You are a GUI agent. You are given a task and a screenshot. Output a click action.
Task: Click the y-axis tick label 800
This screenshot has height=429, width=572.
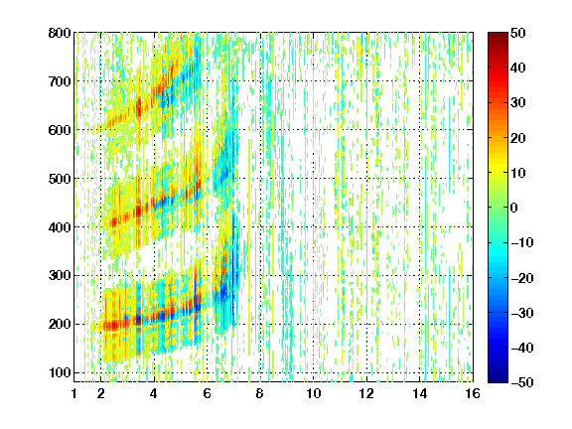60,33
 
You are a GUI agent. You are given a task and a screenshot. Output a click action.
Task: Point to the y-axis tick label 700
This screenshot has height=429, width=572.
60,81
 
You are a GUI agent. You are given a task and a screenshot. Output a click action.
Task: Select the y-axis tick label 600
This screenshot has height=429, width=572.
60,130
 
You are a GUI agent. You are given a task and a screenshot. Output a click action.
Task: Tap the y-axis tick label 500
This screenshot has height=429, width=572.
60,179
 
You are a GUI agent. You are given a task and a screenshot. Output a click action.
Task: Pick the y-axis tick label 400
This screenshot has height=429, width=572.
60,227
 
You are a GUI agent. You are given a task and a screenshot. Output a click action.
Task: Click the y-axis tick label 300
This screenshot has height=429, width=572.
60,275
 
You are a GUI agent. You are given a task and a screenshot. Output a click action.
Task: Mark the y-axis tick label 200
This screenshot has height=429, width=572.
60,324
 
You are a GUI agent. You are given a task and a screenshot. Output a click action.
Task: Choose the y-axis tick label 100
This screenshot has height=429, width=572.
60,372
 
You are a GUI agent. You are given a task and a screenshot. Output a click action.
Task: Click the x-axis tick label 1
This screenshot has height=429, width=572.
74,393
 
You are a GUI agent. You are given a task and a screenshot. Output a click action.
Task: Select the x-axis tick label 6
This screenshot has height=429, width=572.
208,393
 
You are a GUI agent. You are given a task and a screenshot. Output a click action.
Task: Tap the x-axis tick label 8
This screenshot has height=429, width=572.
260,393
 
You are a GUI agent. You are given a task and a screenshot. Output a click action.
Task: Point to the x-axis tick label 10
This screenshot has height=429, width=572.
314,393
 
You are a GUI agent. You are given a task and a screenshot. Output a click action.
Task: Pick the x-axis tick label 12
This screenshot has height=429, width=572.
366,393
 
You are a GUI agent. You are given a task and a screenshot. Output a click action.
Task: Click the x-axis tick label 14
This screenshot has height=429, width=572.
419,393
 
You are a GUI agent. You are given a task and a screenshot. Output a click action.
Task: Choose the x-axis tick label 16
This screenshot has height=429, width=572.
473,393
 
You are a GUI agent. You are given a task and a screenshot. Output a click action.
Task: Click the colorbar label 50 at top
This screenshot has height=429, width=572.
518,33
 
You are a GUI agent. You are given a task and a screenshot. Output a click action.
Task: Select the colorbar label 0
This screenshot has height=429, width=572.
514,208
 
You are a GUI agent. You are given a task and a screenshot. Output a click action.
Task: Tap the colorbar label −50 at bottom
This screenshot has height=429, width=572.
522,382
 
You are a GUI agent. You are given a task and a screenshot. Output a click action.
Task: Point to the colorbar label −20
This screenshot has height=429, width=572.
522,278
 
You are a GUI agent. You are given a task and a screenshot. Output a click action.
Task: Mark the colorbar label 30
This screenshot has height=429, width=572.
518,103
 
